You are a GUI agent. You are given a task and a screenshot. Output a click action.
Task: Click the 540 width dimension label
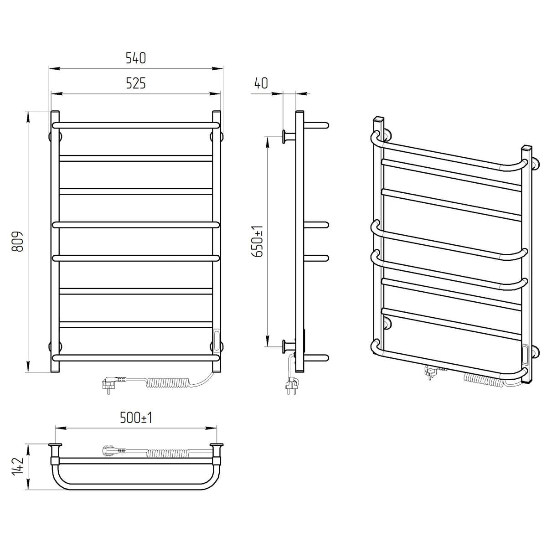(x=136, y=58)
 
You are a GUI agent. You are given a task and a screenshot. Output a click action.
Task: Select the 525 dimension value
(x=136, y=83)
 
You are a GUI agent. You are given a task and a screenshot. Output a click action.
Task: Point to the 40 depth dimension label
(x=261, y=83)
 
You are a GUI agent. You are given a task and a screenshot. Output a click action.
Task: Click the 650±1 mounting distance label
(x=258, y=241)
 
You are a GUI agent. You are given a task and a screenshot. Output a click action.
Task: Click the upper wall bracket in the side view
(x=289, y=137)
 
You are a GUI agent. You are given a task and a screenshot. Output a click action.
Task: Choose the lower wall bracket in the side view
(x=289, y=346)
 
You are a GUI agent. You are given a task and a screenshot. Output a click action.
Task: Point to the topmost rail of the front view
(x=136, y=125)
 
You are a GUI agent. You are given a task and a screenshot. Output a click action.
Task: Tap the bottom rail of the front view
(x=136, y=358)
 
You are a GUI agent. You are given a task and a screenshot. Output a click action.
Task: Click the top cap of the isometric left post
(x=379, y=119)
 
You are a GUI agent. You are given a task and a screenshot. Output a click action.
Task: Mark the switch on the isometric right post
(x=525, y=355)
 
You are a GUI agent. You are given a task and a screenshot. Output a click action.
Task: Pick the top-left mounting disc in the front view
(x=55, y=137)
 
